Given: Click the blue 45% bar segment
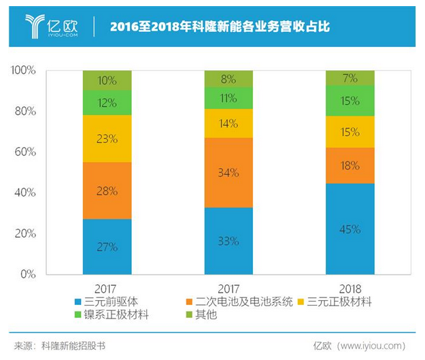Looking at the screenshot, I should click(x=350, y=229).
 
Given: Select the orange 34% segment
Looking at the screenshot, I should click(x=228, y=173).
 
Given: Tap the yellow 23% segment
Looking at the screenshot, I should click(x=107, y=139).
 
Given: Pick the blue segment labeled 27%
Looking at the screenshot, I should click(x=107, y=246).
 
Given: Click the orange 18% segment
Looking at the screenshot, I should click(x=350, y=165).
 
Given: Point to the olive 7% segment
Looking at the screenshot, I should click(x=350, y=78).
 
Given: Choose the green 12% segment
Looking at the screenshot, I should click(x=107, y=103).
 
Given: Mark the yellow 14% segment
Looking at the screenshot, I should click(x=228, y=123).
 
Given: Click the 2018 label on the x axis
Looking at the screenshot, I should click(x=350, y=288).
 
